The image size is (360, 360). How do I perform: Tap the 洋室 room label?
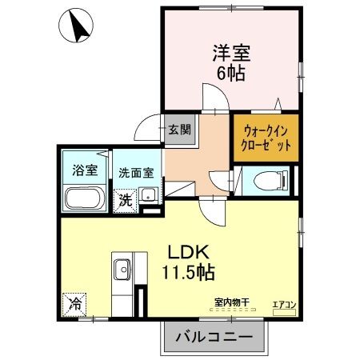point(231,54)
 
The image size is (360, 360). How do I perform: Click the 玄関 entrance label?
point(180,129)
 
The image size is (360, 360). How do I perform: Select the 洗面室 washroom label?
point(138,171)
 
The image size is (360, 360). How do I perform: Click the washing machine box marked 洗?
point(126,199)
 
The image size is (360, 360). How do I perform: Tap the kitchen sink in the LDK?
point(123,267)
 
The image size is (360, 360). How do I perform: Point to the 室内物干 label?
point(231,302)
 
